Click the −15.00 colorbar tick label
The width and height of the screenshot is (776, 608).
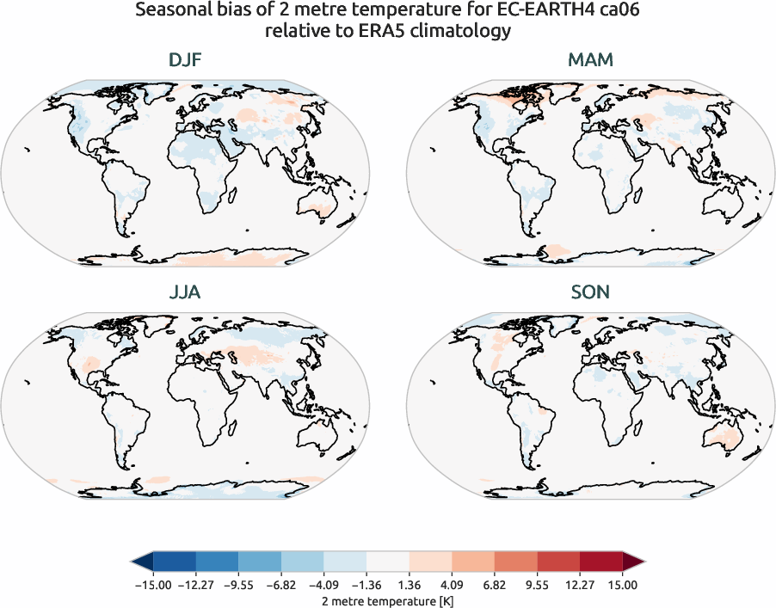[153, 585]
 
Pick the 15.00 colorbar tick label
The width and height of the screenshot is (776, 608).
[623, 585]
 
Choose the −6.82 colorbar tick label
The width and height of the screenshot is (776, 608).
[281, 585]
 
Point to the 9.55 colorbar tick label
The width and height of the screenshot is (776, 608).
[538, 585]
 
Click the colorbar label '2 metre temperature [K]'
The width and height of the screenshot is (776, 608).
[388, 599]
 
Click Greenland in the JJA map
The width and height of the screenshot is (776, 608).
[132, 328]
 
